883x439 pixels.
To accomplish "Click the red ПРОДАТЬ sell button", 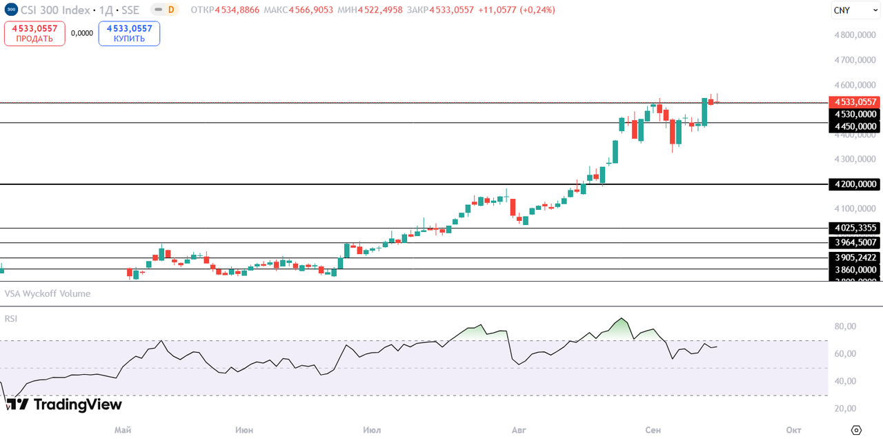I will (x=34, y=33).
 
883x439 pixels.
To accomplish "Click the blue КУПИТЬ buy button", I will (x=129, y=33).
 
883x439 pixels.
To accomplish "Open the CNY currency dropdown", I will (x=849, y=10).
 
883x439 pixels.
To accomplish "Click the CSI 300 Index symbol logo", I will (x=10, y=10).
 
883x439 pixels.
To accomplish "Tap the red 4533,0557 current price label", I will (x=855, y=101).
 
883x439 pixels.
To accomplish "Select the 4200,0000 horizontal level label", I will (x=855, y=184).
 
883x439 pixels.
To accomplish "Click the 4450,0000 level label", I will (x=855, y=126).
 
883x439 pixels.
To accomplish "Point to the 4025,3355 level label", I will (x=855, y=228).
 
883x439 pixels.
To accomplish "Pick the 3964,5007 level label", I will (x=855, y=242).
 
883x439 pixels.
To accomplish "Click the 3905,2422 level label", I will (x=855, y=257).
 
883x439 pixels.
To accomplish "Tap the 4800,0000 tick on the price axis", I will (x=855, y=35).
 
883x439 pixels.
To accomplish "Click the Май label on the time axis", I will (x=123, y=430).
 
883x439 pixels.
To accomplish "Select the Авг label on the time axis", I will (x=519, y=430).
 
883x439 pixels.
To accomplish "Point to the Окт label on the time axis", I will (x=793, y=430).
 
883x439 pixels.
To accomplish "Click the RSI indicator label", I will (x=11, y=318).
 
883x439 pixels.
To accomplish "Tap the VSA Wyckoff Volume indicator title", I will (x=48, y=293).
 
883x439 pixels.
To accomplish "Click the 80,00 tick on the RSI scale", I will (x=845, y=326).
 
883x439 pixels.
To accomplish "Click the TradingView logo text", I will (x=77, y=404).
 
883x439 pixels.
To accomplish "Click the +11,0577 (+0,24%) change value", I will (x=517, y=10).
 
